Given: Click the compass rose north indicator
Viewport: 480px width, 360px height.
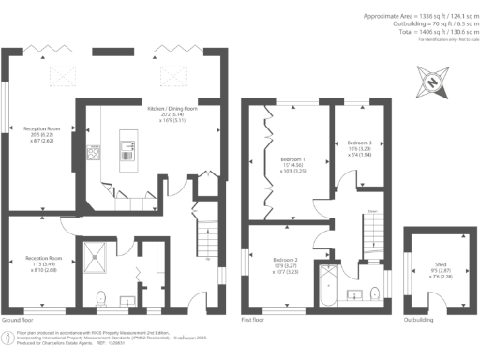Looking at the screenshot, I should click(x=431, y=83).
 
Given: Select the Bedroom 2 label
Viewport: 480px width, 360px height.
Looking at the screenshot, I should click(x=285, y=264).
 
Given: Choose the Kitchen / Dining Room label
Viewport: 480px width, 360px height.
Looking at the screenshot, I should click(x=172, y=114).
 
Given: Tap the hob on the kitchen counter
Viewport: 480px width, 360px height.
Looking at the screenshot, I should click(x=94, y=154).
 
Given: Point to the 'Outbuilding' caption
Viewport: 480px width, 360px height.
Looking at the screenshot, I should click(x=419, y=320).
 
